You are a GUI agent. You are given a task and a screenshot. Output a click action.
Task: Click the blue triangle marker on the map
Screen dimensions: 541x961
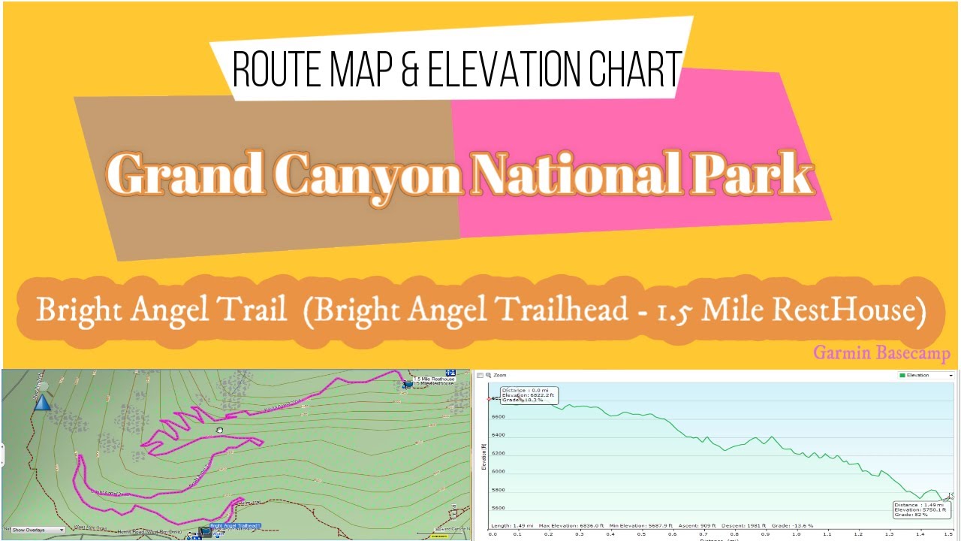pyautogui.click(x=42, y=403)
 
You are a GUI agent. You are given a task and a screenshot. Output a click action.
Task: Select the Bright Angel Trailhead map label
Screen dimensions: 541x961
pyautogui.click(x=235, y=526)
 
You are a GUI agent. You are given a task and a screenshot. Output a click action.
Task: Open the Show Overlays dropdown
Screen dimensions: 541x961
pyautogui.click(x=38, y=530)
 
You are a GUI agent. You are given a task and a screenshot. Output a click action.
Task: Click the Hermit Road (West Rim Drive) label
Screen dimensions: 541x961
pyautogui.click(x=148, y=532)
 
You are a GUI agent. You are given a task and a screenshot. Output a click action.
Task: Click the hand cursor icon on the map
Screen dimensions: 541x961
pyautogui.click(x=220, y=431)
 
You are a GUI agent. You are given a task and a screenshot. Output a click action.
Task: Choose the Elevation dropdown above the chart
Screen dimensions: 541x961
pyautogui.click(x=926, y=375)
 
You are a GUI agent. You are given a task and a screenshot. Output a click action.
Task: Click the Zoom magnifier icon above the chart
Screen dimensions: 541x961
pyautogui.click(x=488, y=375)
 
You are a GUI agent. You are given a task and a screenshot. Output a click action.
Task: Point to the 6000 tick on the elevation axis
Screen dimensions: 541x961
pyautogui.click(x=499, y=471)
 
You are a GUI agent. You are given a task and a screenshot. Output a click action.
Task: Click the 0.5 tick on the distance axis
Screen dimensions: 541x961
pyautogui.click(x=640, y=534)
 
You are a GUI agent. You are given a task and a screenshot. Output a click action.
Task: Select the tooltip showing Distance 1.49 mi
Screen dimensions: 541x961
pyautogui.click(x=920, y=509)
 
